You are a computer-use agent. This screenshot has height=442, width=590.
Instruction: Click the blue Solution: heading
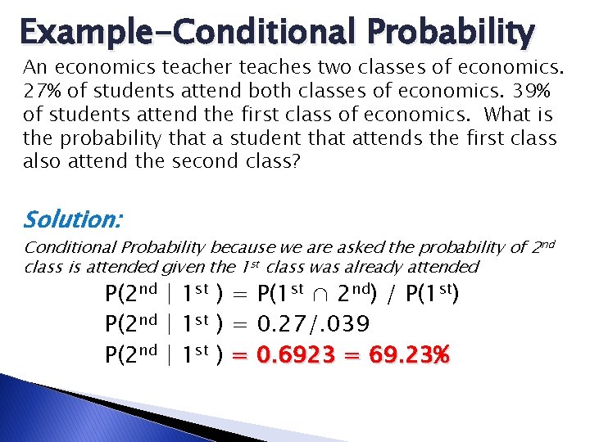pos(73,219)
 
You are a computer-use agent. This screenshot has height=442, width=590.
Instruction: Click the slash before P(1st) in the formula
pos(394,295)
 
